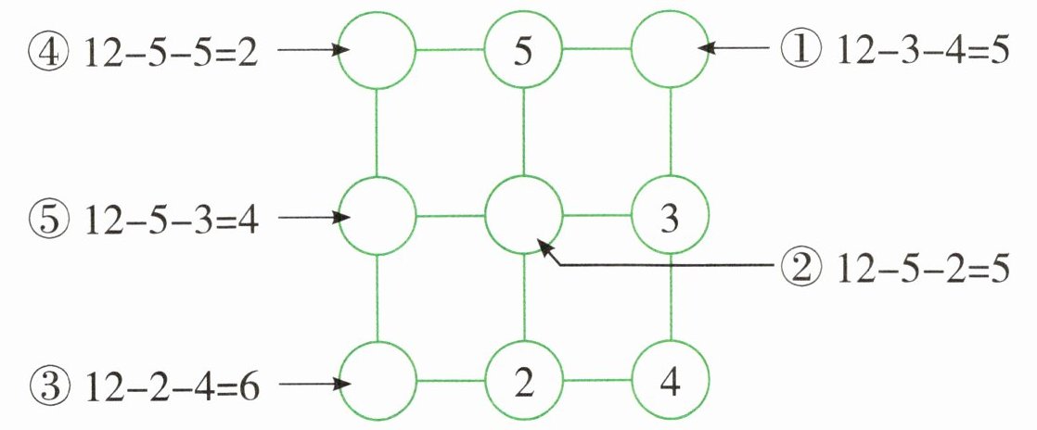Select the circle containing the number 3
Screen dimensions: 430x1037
pyautogui.click(x=670, y=219)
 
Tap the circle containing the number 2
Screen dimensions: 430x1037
pyautogui.click(x=524, y=382)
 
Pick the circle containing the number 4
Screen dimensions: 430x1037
pyautogui.click(x=670, y=382)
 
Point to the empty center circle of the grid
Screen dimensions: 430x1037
pyautogui.click(x=524, y=219)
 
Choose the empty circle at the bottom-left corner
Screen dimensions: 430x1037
pyautogui.click(x=377, y=382)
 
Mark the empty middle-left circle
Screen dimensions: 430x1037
pyautogui.click(x=377, y=219)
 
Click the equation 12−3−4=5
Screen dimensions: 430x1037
pyautogui.click(x=922, y=50)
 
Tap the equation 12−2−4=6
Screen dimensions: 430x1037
pyautogui.click(x=171, y=382)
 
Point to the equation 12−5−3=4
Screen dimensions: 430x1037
pyautogui.click(x=171, y=219)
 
